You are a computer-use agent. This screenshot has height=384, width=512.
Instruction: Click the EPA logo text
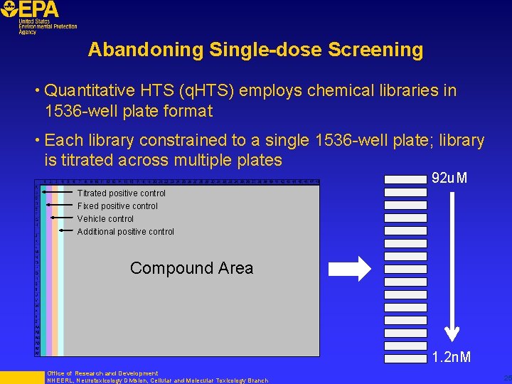coord(39,9)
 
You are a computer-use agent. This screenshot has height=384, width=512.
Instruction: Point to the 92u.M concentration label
coord(449,178)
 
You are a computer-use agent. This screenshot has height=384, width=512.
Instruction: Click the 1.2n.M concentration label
coord(451,357)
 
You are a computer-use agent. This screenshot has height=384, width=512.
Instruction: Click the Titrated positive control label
coord(122,193)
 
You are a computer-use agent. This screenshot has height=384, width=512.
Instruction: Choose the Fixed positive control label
coord(117,206)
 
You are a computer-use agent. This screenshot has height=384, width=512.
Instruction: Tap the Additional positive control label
coord(125,232)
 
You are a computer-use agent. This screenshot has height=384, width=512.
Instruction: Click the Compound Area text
coord(191,268)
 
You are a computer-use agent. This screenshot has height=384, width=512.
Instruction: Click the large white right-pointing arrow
coord(349,268)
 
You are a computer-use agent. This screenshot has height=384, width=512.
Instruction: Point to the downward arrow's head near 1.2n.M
coord(451,335)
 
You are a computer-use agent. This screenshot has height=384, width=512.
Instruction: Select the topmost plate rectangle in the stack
coord(405,179)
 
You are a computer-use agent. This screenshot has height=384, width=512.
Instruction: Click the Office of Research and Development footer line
coord(102,373)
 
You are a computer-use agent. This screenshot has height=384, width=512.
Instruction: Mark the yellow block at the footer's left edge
coord(21,378)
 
